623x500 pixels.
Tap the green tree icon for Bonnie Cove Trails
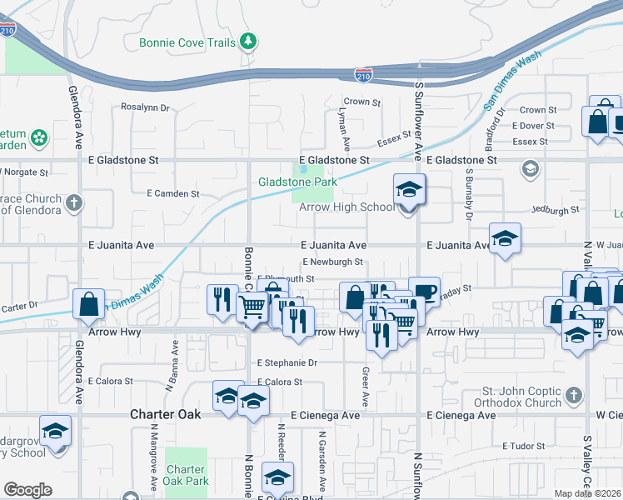[x=247, y=41]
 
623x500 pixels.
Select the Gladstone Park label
[x=297, y=182]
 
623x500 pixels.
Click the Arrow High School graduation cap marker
[x=409, y=190]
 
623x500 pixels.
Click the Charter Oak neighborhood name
[x=162, y=414]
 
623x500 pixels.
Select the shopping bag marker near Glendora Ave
[x=89, y=305]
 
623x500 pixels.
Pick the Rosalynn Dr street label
[x=145, y=107]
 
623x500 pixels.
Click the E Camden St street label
[x=172, y=193]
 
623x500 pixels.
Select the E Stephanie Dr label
[x=287, y=362]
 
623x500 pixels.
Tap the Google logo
[x=27, y=490]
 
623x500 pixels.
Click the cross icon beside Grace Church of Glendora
[x=74, y=202]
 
